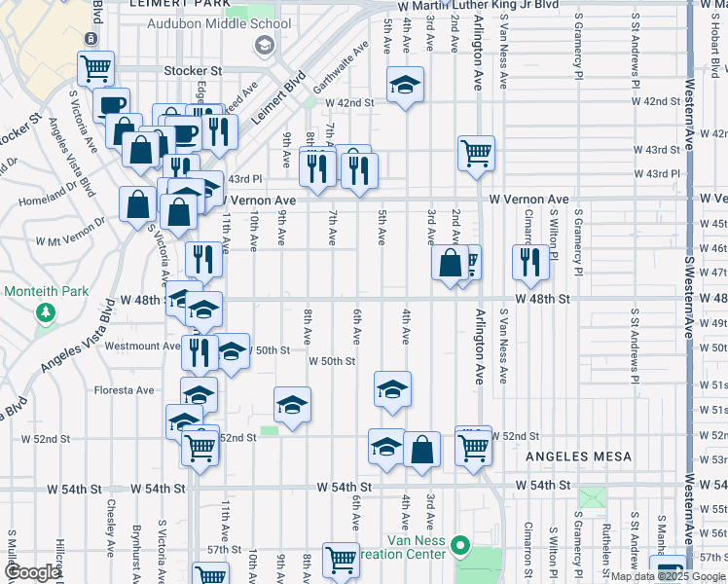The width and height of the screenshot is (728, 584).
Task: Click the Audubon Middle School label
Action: pos(218,24)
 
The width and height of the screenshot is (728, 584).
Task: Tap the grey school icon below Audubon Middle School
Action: pos(264,45)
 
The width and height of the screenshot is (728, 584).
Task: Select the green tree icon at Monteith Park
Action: pos(45,312)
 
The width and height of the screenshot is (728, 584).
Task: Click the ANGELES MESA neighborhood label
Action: pos(579,456)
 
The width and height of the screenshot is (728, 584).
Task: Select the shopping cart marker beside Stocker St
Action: pos(96,69)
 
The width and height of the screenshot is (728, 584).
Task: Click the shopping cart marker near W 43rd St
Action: pos(477,152)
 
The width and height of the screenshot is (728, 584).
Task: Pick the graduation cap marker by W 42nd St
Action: pos(405,86)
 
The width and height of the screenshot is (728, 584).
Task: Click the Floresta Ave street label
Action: pos(124,390)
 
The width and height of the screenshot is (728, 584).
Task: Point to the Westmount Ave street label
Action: pos(142,346)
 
